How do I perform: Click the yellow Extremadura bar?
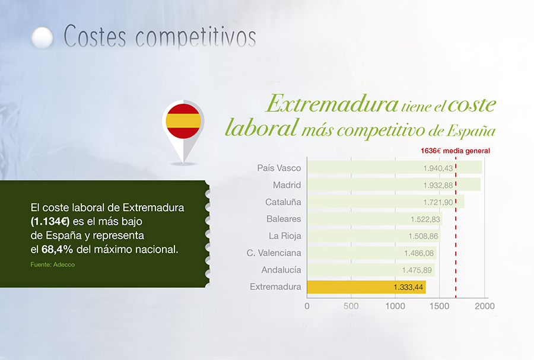366,287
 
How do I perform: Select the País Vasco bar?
395,167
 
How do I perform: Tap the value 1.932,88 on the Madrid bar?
438,186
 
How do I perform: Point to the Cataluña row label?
283,202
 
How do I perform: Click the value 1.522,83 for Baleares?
425,219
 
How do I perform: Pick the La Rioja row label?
285,236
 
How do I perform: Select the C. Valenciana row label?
274,253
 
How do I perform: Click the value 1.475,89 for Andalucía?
417,270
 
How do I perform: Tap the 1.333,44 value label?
408,287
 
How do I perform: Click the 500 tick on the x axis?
351,306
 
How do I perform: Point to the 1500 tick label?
439,306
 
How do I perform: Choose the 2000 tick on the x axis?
485,306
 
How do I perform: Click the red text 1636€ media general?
455,151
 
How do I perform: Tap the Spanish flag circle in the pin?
183,121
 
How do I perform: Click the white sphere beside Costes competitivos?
42,37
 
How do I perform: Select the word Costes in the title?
95,36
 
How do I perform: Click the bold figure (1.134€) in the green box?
50,221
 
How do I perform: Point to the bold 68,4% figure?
57,250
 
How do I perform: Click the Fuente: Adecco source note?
52,265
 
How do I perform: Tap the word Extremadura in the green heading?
332,103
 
